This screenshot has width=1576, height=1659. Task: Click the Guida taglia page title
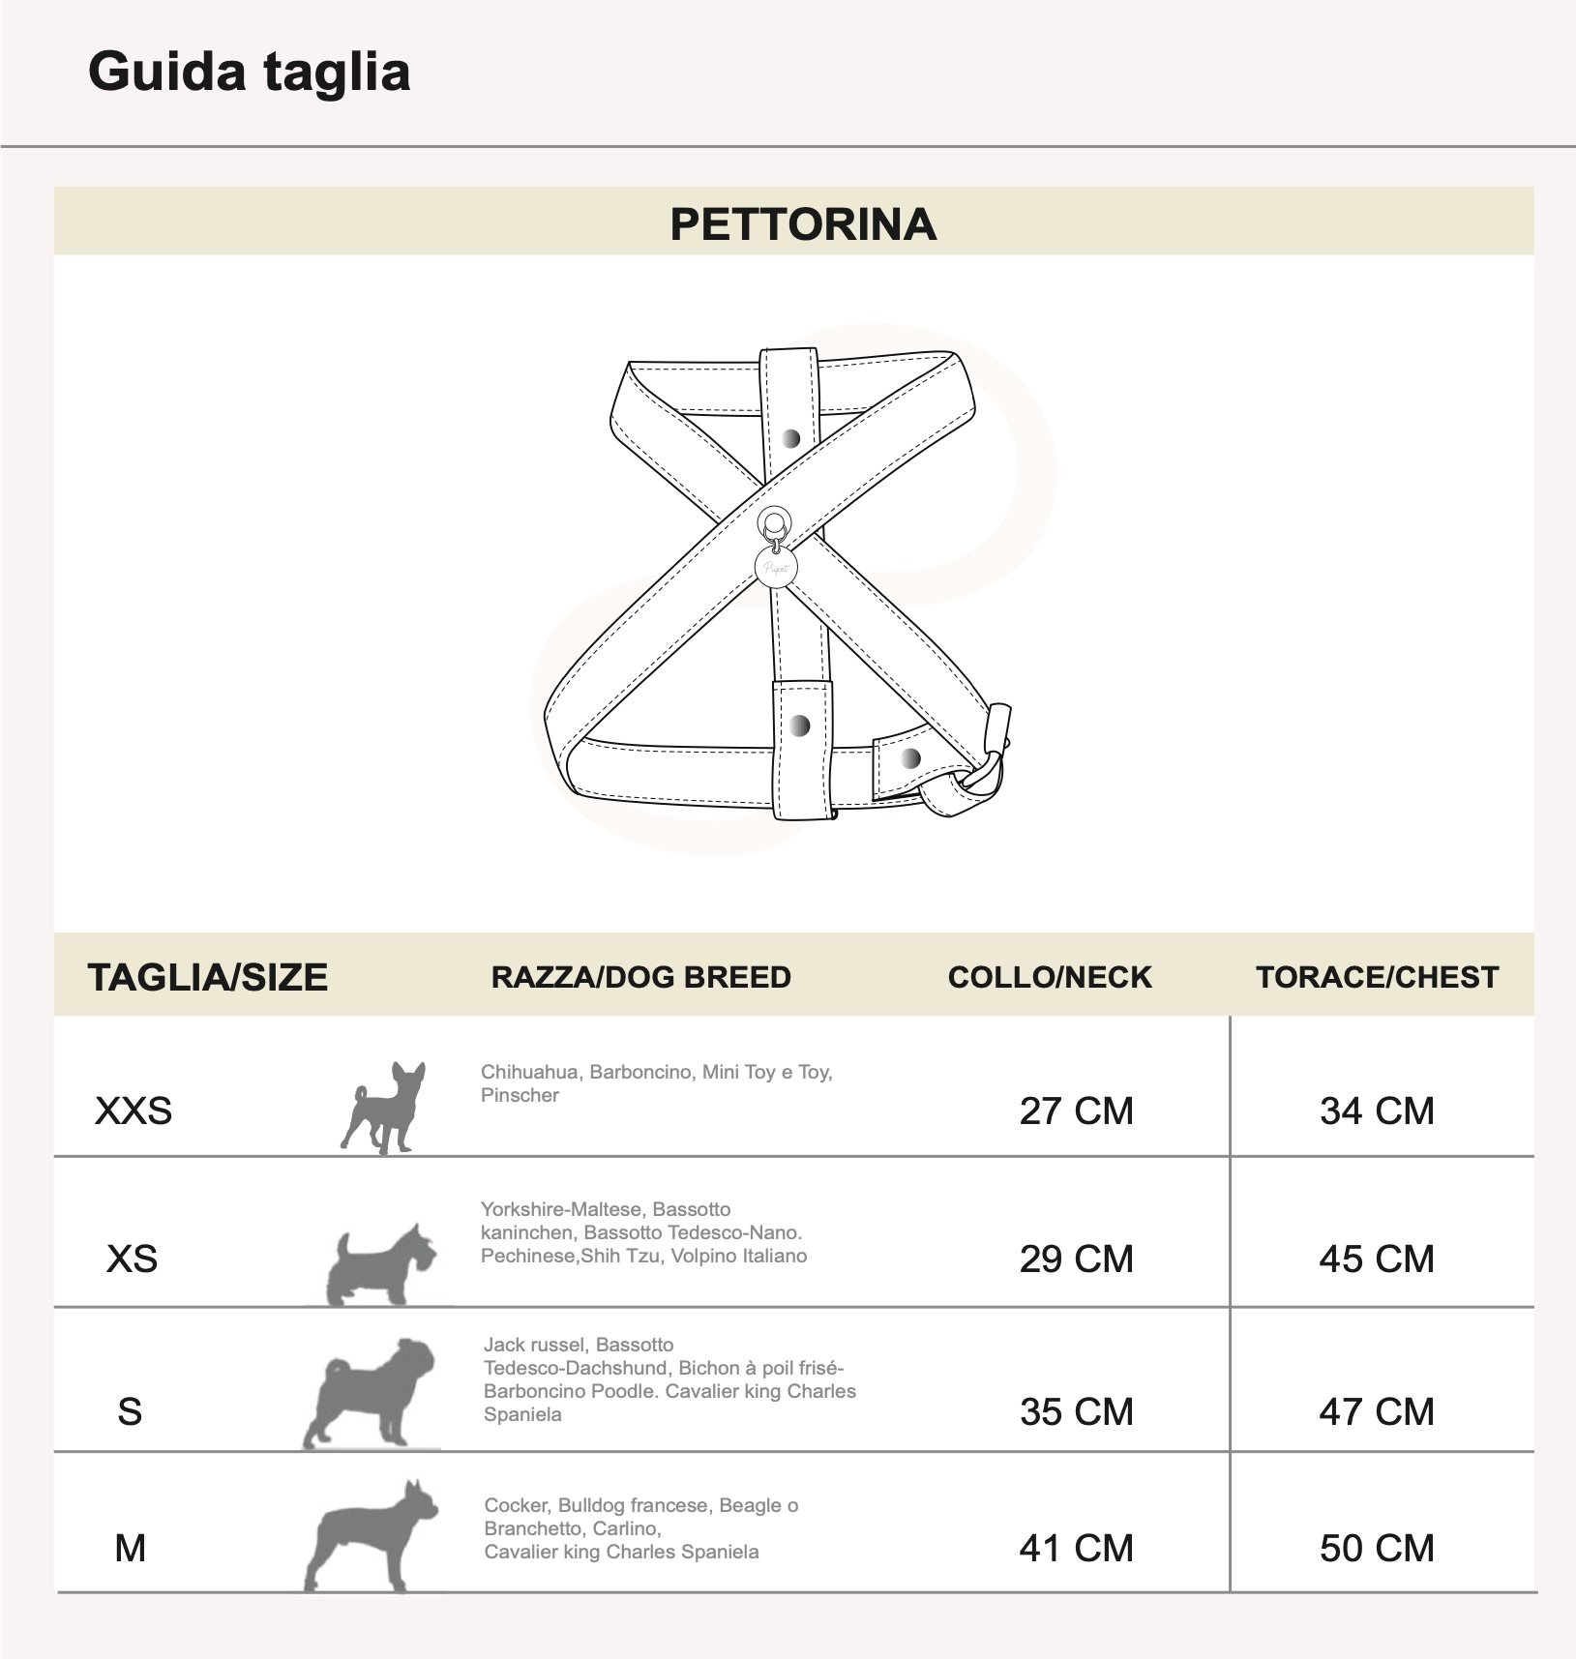tap(249, 73)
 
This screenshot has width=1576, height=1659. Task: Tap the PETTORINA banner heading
tap(802, 224)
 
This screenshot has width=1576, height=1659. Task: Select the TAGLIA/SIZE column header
tap(207, 977)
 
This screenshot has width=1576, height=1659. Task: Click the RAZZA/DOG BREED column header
tap(640, 977)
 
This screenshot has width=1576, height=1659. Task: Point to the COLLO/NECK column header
tap(1050, 977)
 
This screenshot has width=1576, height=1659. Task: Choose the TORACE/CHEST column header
tap(1377, 977)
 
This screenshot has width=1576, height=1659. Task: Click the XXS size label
tap(134, 1111)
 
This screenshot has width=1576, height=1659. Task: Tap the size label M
tap(130, 1549)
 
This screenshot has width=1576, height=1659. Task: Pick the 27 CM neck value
tap(1076, 1111)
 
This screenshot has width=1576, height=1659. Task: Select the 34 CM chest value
tap(1377, 1111)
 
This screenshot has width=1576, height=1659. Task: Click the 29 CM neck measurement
tap(1076, 1259)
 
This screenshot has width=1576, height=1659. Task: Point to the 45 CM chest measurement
tap(1377, 1259)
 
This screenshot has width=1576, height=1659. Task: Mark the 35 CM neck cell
tap(1076, 1412)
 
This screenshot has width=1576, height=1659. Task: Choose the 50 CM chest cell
tap(1377, 1549)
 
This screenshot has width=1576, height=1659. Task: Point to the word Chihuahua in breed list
tap(529, 1072)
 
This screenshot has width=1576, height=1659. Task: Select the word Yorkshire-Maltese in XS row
tap(562, 1209)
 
